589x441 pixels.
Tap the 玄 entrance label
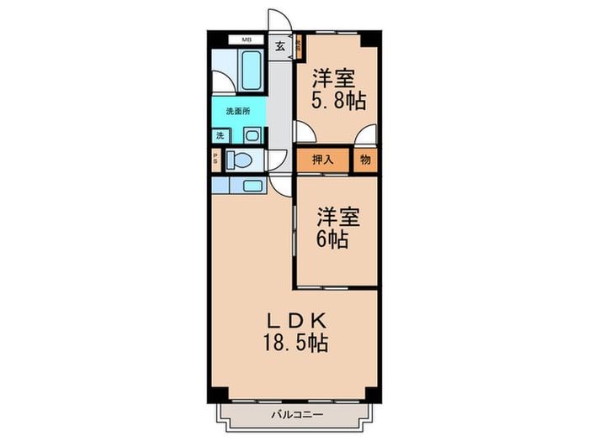(280, 47)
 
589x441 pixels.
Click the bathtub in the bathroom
(249, 72)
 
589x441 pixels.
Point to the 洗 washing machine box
(220, 135)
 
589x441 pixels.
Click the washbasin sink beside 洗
(252, 135)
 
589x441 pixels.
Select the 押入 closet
(323, 160)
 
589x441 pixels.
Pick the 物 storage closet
(365, 160)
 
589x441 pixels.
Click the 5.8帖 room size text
(340, 102)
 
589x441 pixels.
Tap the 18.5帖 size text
(294, 343)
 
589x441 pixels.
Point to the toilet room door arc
(276, 160)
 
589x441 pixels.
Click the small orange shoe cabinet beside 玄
(298, 46)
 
